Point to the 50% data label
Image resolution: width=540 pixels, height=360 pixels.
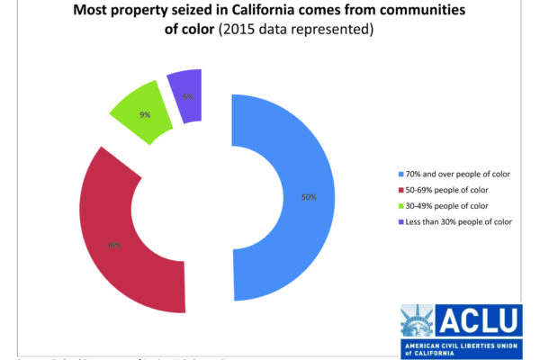tap(309, 196)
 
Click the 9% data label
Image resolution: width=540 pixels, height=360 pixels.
tap(143, 114)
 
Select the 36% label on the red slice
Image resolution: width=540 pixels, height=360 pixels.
tap(115, 244)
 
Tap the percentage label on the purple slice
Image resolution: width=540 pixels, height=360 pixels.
tap(187, 96)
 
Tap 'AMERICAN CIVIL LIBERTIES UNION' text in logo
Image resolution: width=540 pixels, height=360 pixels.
tap(460, 345)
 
